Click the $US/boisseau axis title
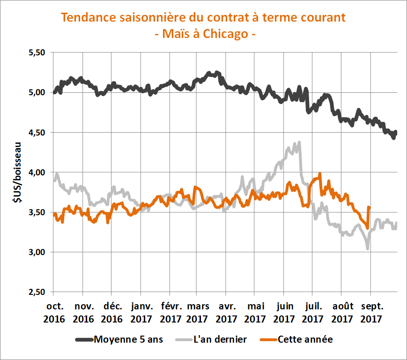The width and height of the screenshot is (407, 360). [18, 172]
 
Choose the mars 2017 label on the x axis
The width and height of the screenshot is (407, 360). [198, 313]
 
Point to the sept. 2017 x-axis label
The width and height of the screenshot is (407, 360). [370, 313]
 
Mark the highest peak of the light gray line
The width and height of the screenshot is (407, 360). [299, 142]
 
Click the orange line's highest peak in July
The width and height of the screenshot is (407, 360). [320, 173]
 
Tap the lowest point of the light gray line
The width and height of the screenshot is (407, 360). [368, 248]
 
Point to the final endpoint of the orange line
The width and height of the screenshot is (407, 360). [370, 208]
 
